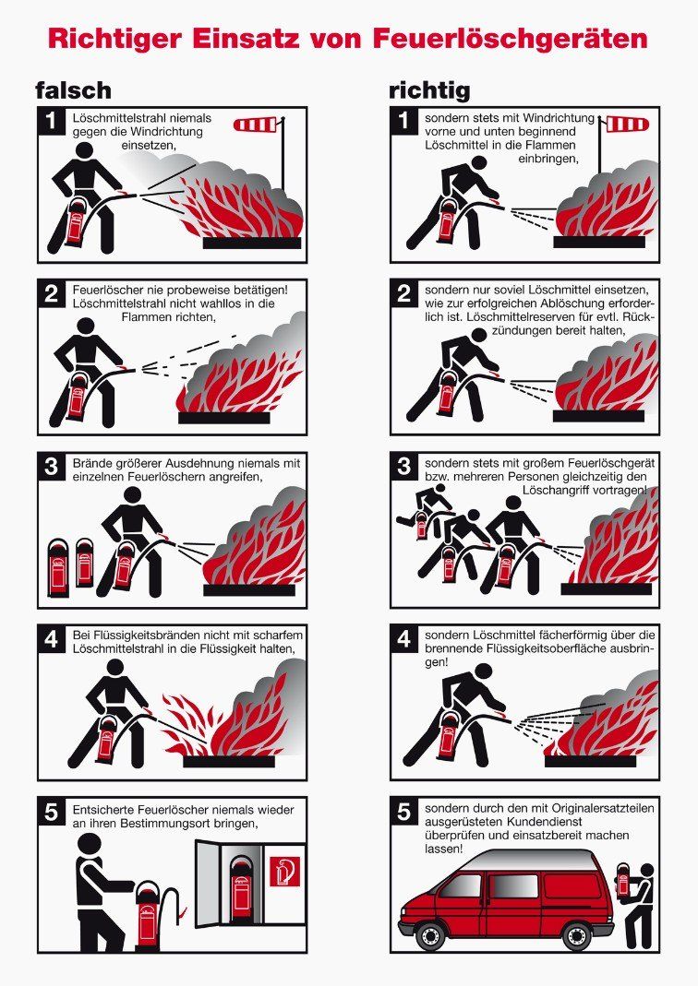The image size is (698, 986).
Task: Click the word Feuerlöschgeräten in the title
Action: (x=511, y=39)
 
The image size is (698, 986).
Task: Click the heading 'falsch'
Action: (x=73, y=89)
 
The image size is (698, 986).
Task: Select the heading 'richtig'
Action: (x=429, y=91)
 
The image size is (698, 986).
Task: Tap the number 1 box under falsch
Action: (x=52, y=121)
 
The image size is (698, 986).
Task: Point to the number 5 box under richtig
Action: (x=404, y=811)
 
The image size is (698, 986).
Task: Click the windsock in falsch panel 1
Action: (x=257, y=125)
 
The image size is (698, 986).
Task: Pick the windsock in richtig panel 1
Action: (x=626, y=124)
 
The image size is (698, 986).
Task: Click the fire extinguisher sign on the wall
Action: (x=284, y=872)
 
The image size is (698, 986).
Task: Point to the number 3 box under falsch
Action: (x=52, y=466)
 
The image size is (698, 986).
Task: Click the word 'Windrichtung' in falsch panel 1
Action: (x=166, y=131)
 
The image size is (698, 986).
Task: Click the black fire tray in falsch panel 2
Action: (x=224, y=418)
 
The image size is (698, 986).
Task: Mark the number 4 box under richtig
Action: (x=404, y=638)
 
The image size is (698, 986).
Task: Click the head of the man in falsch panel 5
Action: (x=89, y=845)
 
